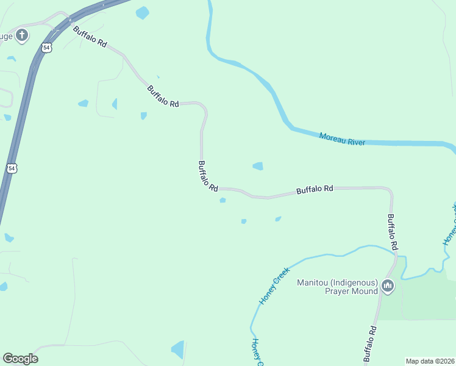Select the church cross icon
(22, 35)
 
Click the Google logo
(20, 359)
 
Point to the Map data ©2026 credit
(430, 361)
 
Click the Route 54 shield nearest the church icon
(46, 47)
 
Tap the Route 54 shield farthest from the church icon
(12, 168)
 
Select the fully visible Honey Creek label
(273, 289)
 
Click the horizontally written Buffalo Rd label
(315, 190)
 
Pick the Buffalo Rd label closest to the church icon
(90, 37)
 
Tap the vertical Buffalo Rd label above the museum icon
(393, 232)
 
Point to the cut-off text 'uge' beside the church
(5, 36)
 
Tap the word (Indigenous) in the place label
(356, 282)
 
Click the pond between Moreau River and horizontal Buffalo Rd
(258, 166)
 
